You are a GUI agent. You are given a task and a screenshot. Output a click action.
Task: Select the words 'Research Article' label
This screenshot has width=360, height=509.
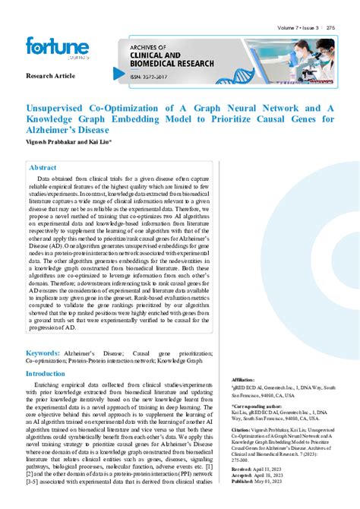coord(50,77)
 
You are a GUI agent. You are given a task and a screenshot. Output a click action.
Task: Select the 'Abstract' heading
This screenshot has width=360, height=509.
coord(43,167)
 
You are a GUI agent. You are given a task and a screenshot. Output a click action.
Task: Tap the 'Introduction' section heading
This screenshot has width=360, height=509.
coord(52,374)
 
